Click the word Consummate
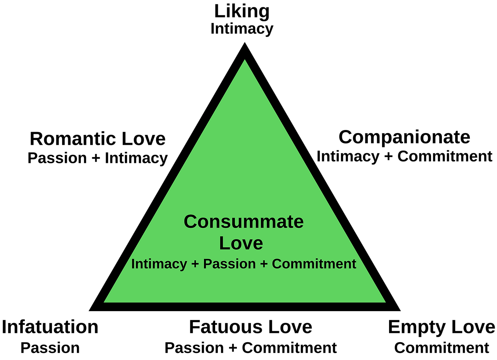[x=243, y=222]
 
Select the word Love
[x=241, y=244]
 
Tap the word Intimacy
[x=159, y=264]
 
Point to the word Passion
[x=229, y=264]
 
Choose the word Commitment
[x=314, y=264]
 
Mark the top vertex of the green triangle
[x=245, y=61]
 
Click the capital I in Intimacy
[x=133, y=264]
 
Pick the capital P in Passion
[x=207, y=264]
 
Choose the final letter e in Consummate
[x=298, y=223]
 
